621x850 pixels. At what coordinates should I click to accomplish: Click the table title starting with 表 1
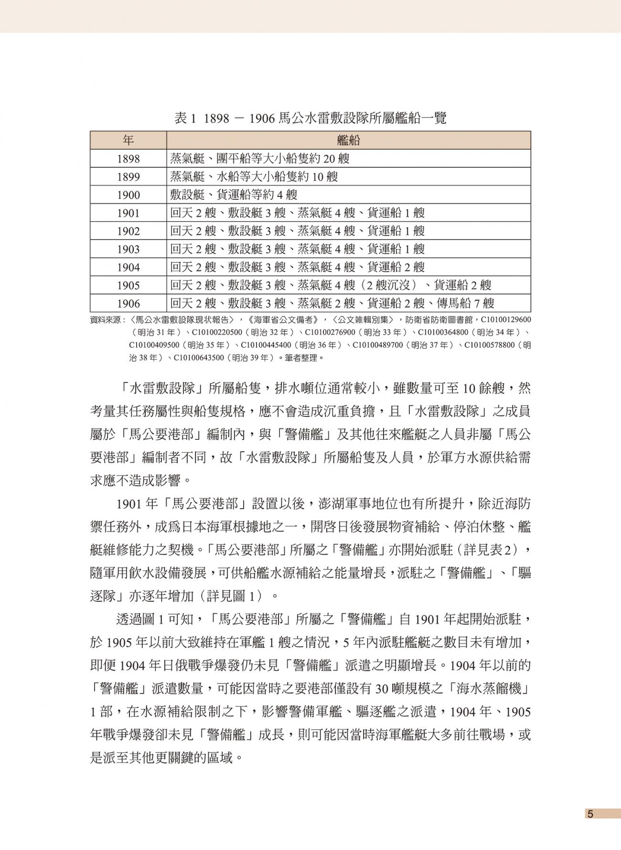(310, 118)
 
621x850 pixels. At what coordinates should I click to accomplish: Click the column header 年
(128, 140)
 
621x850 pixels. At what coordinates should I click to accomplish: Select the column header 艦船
(348, 140)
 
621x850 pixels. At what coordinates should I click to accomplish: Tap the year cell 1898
(128, 159)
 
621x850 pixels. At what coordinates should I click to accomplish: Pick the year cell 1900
(128, 195)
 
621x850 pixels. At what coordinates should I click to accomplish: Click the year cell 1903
(128, 249)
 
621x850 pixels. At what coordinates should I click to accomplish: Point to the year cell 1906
(128, 304)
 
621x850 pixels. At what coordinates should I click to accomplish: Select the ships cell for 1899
(254, 177)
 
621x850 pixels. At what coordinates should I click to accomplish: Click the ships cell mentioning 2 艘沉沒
(331, 285)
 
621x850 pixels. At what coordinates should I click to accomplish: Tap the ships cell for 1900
(234, 195)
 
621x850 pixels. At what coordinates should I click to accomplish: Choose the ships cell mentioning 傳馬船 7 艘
(332, 304)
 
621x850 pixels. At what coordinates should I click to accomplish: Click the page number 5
(590, 814)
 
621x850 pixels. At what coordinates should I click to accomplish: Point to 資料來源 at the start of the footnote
(106, 319)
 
